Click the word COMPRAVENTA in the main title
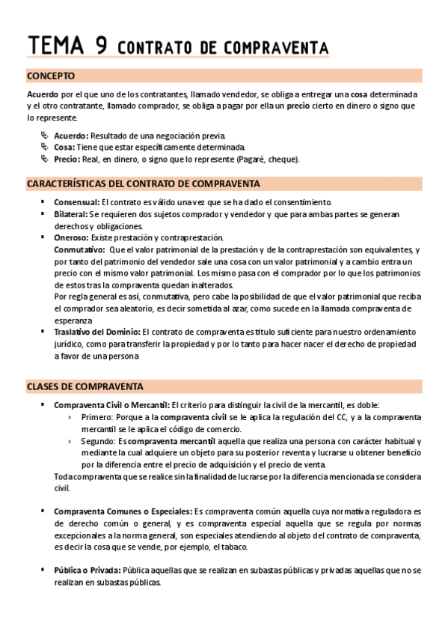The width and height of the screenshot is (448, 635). [x=277, y=48]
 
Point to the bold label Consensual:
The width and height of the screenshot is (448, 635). [x=77, y=203]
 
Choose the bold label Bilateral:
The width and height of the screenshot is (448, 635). [x=73, y=214]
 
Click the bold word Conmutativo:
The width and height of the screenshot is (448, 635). [x=79, y=249]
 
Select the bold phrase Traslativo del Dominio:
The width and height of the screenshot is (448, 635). [x=96, y=332]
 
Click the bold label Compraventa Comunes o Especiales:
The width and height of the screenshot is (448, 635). [x=123, y=511]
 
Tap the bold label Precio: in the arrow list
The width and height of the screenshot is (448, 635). [x=67, y=159]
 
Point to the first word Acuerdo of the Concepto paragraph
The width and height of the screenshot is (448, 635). [x=42, y=95]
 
